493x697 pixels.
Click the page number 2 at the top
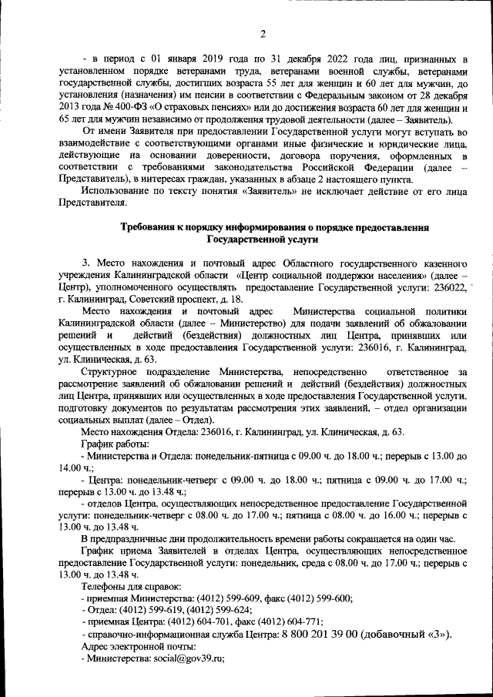[262, 33]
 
